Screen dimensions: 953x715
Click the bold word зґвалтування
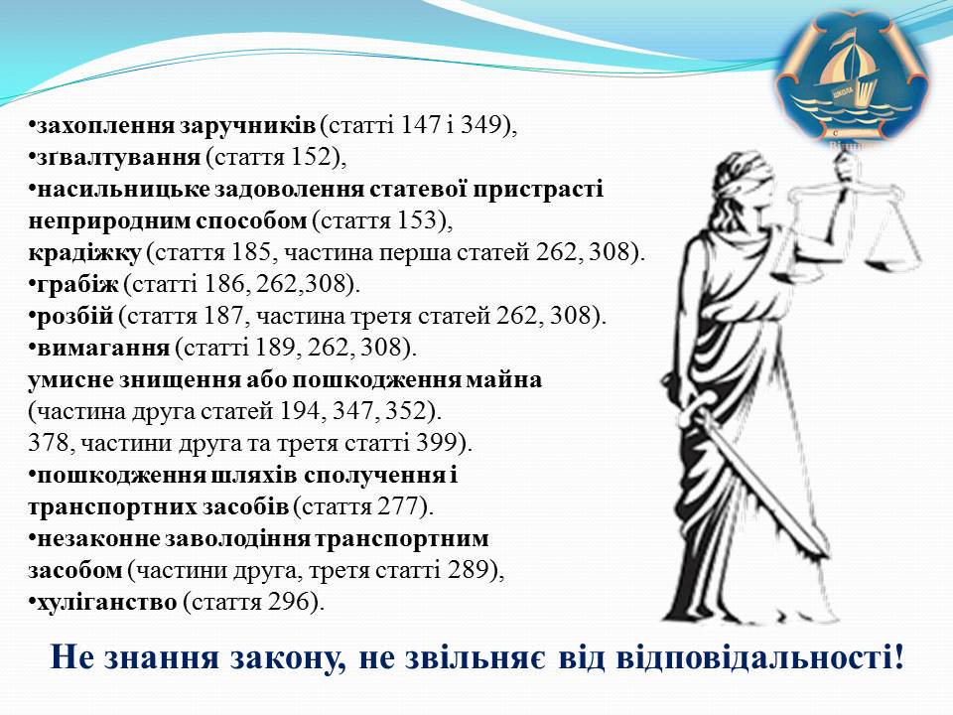tap(118, 158)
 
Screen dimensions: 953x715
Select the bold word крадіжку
tap(84, 252)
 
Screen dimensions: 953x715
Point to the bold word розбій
tap(75, 316)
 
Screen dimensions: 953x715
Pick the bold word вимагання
tap(103, 348)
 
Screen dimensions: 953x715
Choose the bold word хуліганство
tap(107, 602)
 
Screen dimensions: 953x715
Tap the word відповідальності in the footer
tap(759, 657)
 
